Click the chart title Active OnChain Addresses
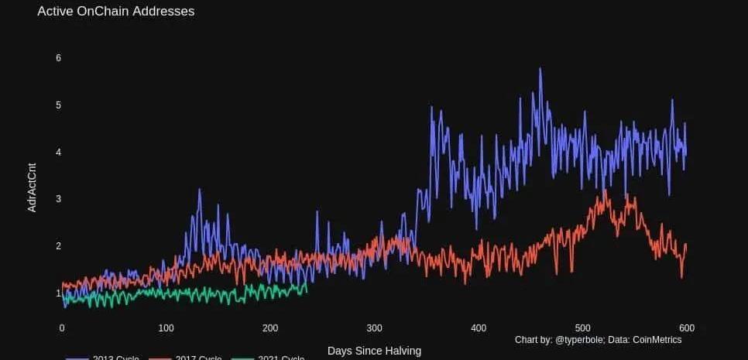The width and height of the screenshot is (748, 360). [115, 12]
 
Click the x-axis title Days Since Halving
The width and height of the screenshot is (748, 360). [374, 351]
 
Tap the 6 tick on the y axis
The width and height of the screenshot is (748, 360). [58, 58]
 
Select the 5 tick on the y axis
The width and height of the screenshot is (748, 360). [58, 105]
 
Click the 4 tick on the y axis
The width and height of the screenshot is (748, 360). [58, 152]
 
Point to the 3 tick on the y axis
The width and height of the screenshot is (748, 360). [58, 199]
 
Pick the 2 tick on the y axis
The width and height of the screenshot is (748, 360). [58, 246]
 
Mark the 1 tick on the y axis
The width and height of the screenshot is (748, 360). [58, 293]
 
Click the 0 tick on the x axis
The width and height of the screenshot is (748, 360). [62, 327]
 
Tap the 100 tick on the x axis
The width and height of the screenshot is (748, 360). [166, 327]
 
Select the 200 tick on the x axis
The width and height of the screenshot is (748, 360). [270, 327]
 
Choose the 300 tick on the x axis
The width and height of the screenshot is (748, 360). [374, 327]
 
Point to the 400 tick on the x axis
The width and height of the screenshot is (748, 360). [479, 327]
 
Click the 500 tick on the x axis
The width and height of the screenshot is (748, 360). [582, 327]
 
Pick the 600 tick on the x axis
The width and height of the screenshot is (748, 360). [686, 327]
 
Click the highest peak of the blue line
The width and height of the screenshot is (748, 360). [540, 69]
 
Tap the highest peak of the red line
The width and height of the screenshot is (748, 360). [604, 190]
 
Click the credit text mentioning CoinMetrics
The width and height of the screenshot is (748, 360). [598, 340]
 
